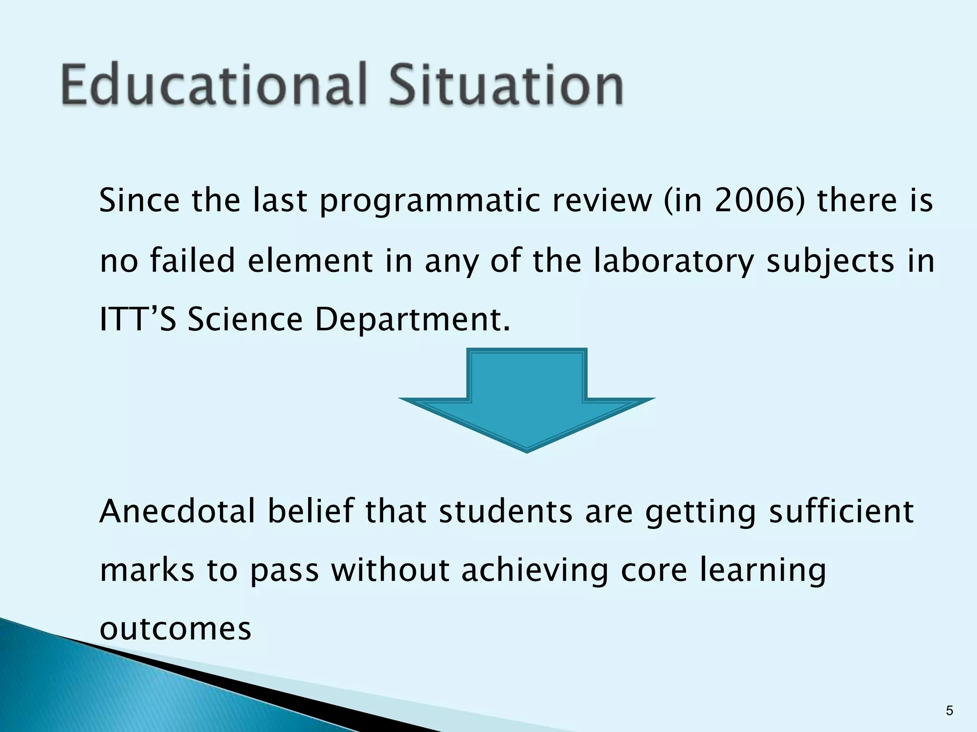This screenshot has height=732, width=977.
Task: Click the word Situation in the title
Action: coord(506,85)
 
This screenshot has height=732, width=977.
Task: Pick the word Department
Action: coord(412,320)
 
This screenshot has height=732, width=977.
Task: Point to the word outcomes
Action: coord(175,629)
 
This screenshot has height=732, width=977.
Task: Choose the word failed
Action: coord(193,261)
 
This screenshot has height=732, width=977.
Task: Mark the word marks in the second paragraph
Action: coord(147,570)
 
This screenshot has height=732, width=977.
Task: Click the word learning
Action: coord(762,571)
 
